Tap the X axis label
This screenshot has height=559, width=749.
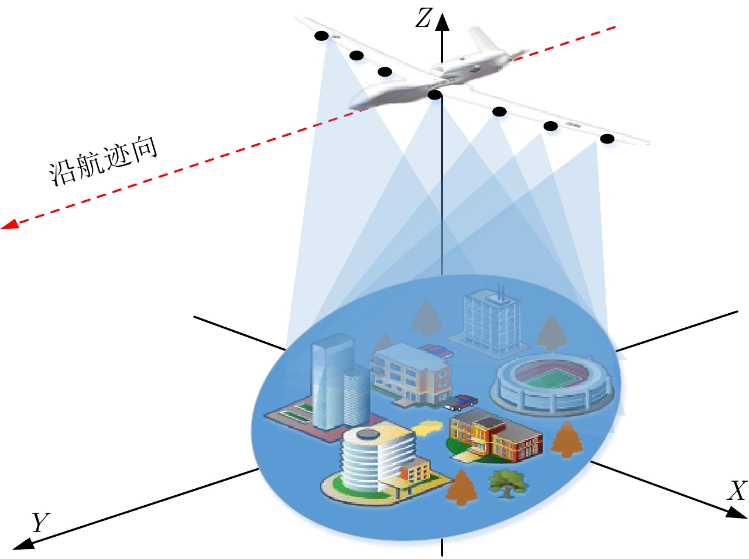pyautogui.click(x=737, y=491)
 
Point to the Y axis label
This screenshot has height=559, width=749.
pyautogui.click(x=40, y=522)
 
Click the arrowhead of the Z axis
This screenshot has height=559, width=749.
pyautogui.click(x=442, y=22)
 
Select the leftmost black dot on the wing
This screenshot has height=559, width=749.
pyautogui.click(x=321, y=36)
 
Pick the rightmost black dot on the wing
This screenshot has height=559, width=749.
pyautogui.click(x=607, y=139)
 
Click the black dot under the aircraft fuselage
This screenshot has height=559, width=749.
pyautogui.click(x=434, y=94)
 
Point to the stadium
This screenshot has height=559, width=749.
pyautogui.click(x=552, y=383)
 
